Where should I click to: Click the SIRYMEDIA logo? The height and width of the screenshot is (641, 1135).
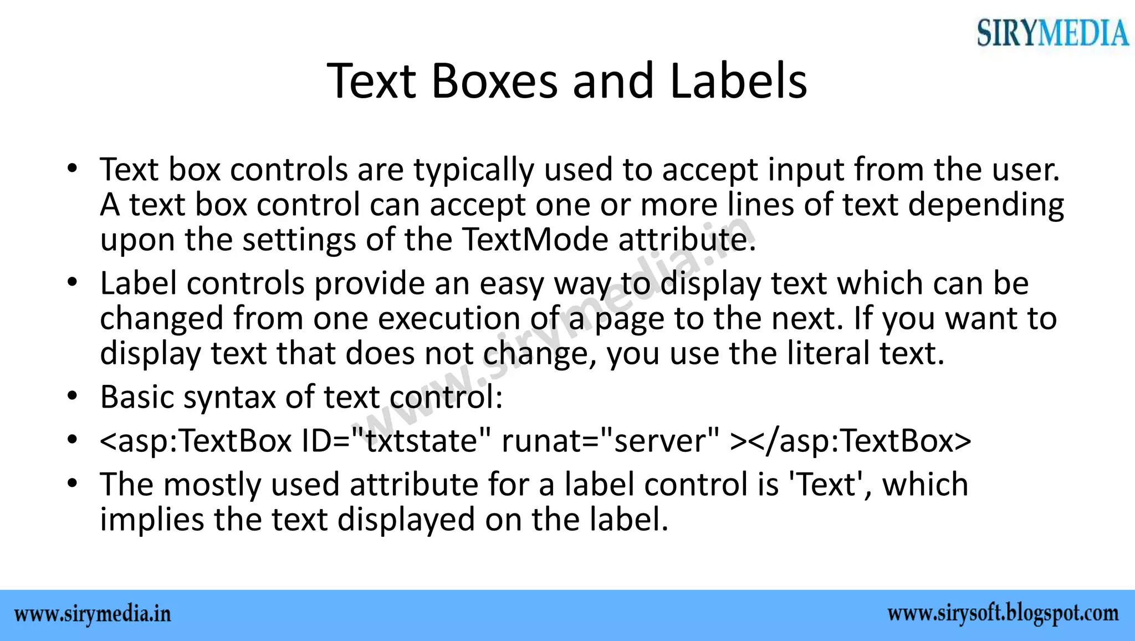[1052, 32]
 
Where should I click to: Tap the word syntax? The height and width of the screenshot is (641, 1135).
[229, 398]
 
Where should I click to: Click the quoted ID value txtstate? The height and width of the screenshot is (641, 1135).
[422, 441]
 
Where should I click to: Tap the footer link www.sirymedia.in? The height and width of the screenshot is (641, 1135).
[93, 614]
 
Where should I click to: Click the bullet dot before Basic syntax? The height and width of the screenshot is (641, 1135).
[71, 397]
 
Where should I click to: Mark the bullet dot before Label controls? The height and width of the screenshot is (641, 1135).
[71, 283]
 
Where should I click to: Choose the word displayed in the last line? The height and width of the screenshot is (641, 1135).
[406, 520]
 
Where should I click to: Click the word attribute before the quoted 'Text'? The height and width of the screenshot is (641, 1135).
[413, 485]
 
